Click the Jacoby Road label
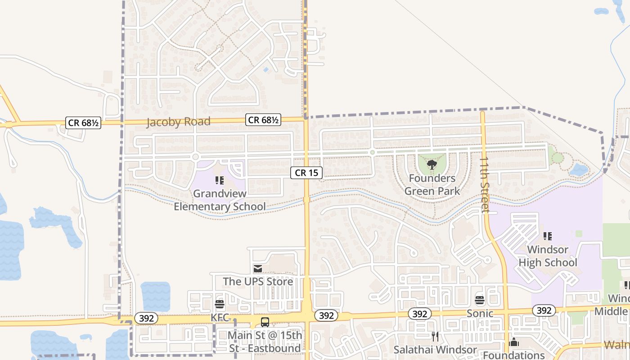pyautogui.click(x=178, y=122)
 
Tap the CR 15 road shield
pyautogui.click(x=306, y=172)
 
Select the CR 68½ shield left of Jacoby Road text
pyautogui.click(x=83, y=122)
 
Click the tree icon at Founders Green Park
pyautogui.click(x=432, y=164)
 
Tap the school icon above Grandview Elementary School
pyautogui.click(x=220, y=180)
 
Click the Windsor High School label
pyautogui.click(x=548, y=256)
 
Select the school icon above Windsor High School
pyautogui.click(x=548, y=236)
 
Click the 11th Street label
pyautogui.click(x=484, y=184)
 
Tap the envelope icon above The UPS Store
pyautogui.click(x=258, y=269)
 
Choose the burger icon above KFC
pyautogui.click(x=220, y=304)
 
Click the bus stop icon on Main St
pyautogui.click(x=265, y=322)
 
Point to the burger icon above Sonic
pyautogui.click(x=480, y=300)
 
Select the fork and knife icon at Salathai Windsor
pyautogui.click(x=435, y=336)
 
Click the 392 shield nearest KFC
pyautogui.click(x=146, y=318)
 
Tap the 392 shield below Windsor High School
pyautogui.click(x=544, y=310)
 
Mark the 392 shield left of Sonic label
pyautogui.click(x=419, y=314)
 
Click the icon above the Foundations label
pyautogui.click(x=514, y=342)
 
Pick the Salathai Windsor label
pyautogui.click(x=435, y=350)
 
